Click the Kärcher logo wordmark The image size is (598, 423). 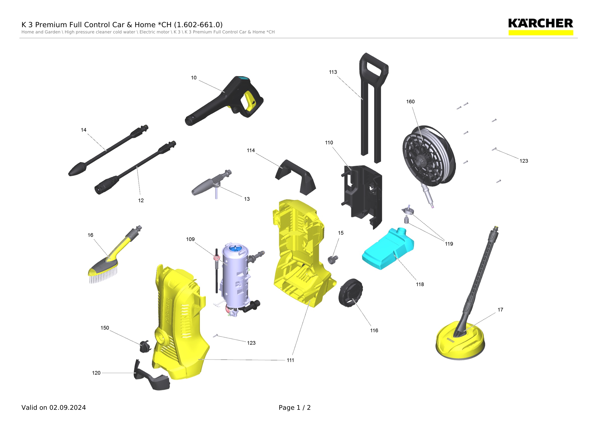(540, 23)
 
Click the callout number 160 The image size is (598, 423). (410, 102)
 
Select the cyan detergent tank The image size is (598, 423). (388, 249)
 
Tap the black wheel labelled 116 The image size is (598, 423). (351, 293)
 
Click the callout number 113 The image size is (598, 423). (333, 72)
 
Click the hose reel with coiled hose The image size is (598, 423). (429, 156)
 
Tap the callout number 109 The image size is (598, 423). (190, 239)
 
